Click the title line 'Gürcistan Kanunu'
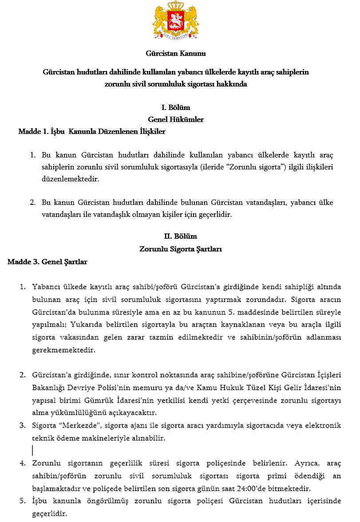point(176,54)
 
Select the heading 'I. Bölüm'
point(176,108)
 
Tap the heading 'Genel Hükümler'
point(176,119)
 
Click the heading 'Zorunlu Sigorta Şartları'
point(181,249)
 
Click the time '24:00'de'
point(285,489)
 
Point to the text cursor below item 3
point(32,451)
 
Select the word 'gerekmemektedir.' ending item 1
point(63,350)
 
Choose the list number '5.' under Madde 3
point(23,501)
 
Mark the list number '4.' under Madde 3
point(23,463)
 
